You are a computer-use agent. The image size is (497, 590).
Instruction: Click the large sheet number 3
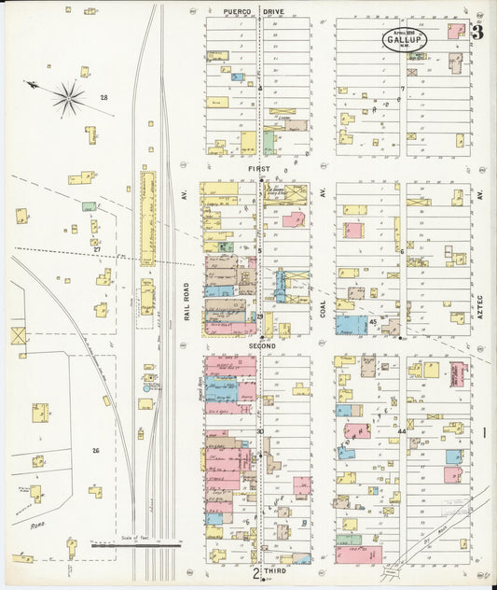pyautogui.click(x=476, y=33)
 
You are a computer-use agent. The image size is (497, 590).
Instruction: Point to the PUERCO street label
pyautogui.click(x=239, y=12)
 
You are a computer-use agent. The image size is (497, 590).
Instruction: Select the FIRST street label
pyautogui.click(x=258, y=169)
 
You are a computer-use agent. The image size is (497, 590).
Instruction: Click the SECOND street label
pyautogui.click(x=261, y=344)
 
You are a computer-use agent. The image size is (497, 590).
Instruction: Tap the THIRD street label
pyautogui.click(x=272, y=569)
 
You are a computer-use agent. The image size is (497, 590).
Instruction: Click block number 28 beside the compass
pyautogui.click(x=104, y=97)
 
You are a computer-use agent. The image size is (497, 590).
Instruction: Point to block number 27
pyautogui.click(x=96, y=249)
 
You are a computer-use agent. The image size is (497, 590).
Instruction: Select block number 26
pyautogui.click(x=95, y=450)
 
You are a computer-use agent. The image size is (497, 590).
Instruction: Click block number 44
pyautogui.click(x=402, y=431)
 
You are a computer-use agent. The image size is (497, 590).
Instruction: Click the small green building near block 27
pyautogui.click(x=89, y=206)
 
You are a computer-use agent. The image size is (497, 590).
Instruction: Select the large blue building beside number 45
pyautogui.click(x=352, y=325)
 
